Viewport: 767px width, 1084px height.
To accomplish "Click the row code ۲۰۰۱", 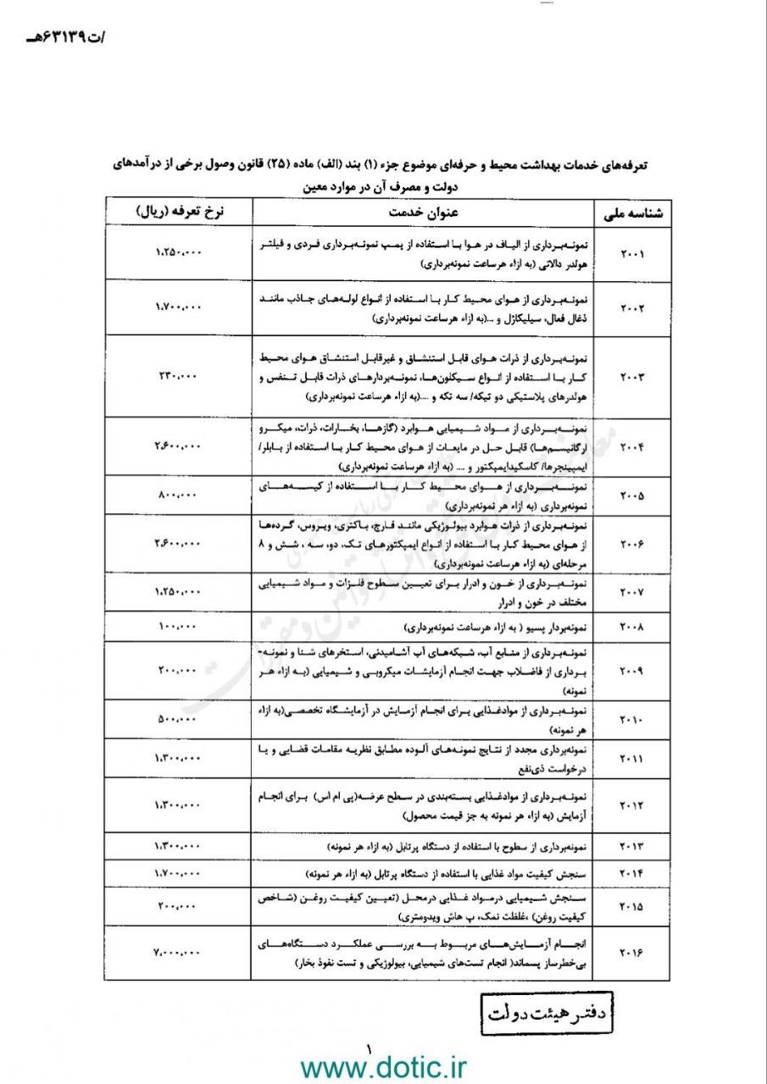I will tap(632, 254).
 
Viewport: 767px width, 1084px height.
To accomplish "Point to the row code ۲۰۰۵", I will tap(632, 495).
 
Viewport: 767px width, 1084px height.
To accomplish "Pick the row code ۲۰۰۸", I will tap(632, 628).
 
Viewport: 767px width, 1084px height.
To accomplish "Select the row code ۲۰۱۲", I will tap(632, 805).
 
